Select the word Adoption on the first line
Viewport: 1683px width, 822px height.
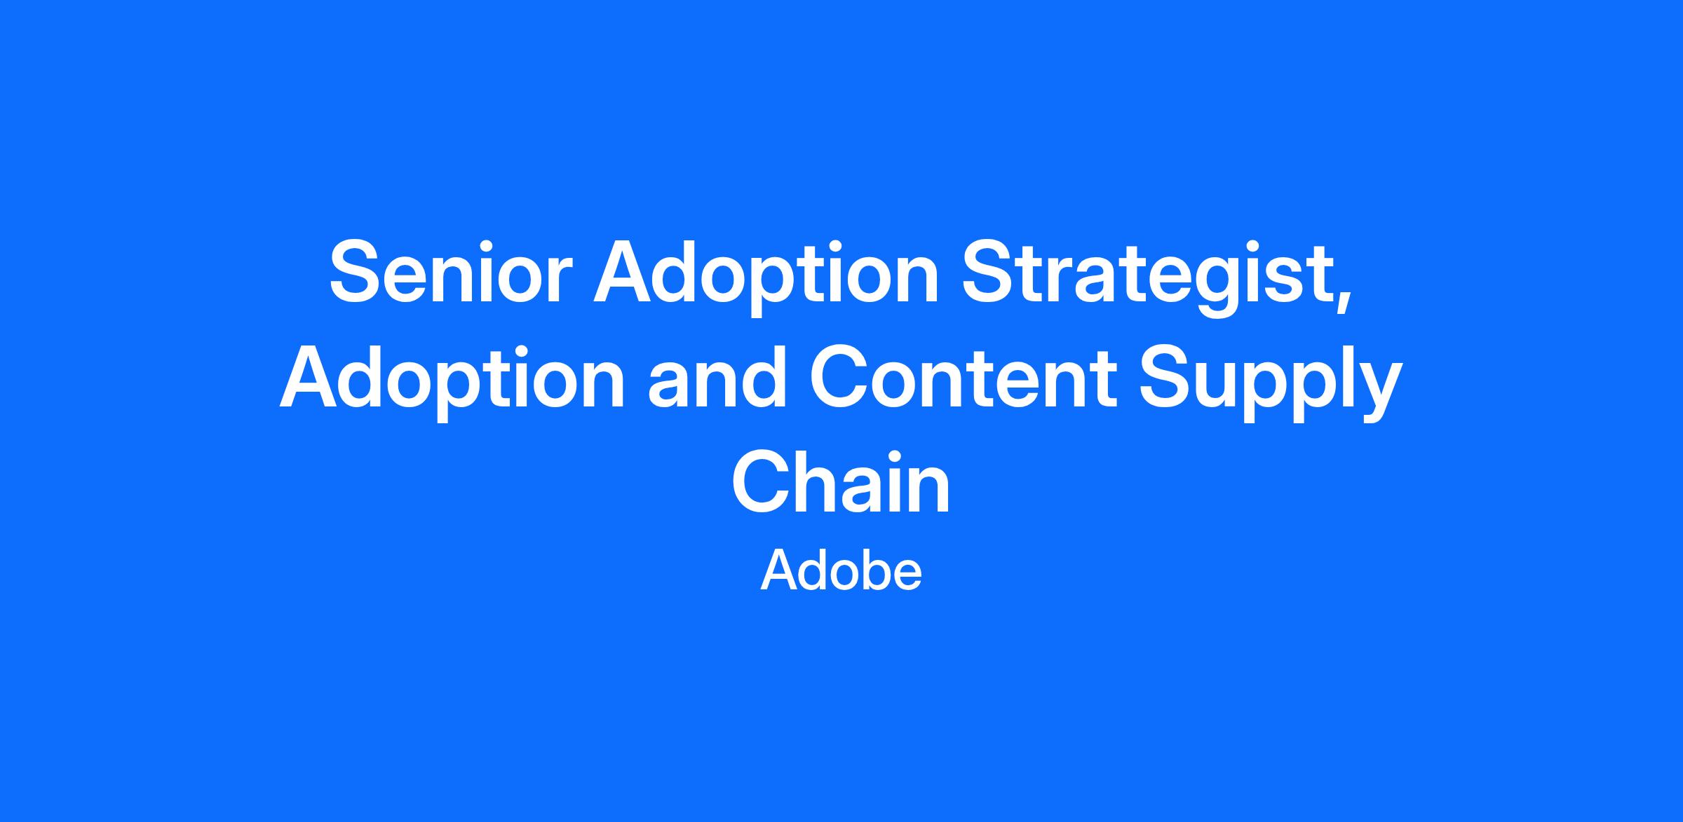766,278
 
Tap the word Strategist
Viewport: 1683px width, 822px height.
1147,278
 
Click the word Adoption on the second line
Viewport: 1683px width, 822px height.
452,382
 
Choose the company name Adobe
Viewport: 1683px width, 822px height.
841,570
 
